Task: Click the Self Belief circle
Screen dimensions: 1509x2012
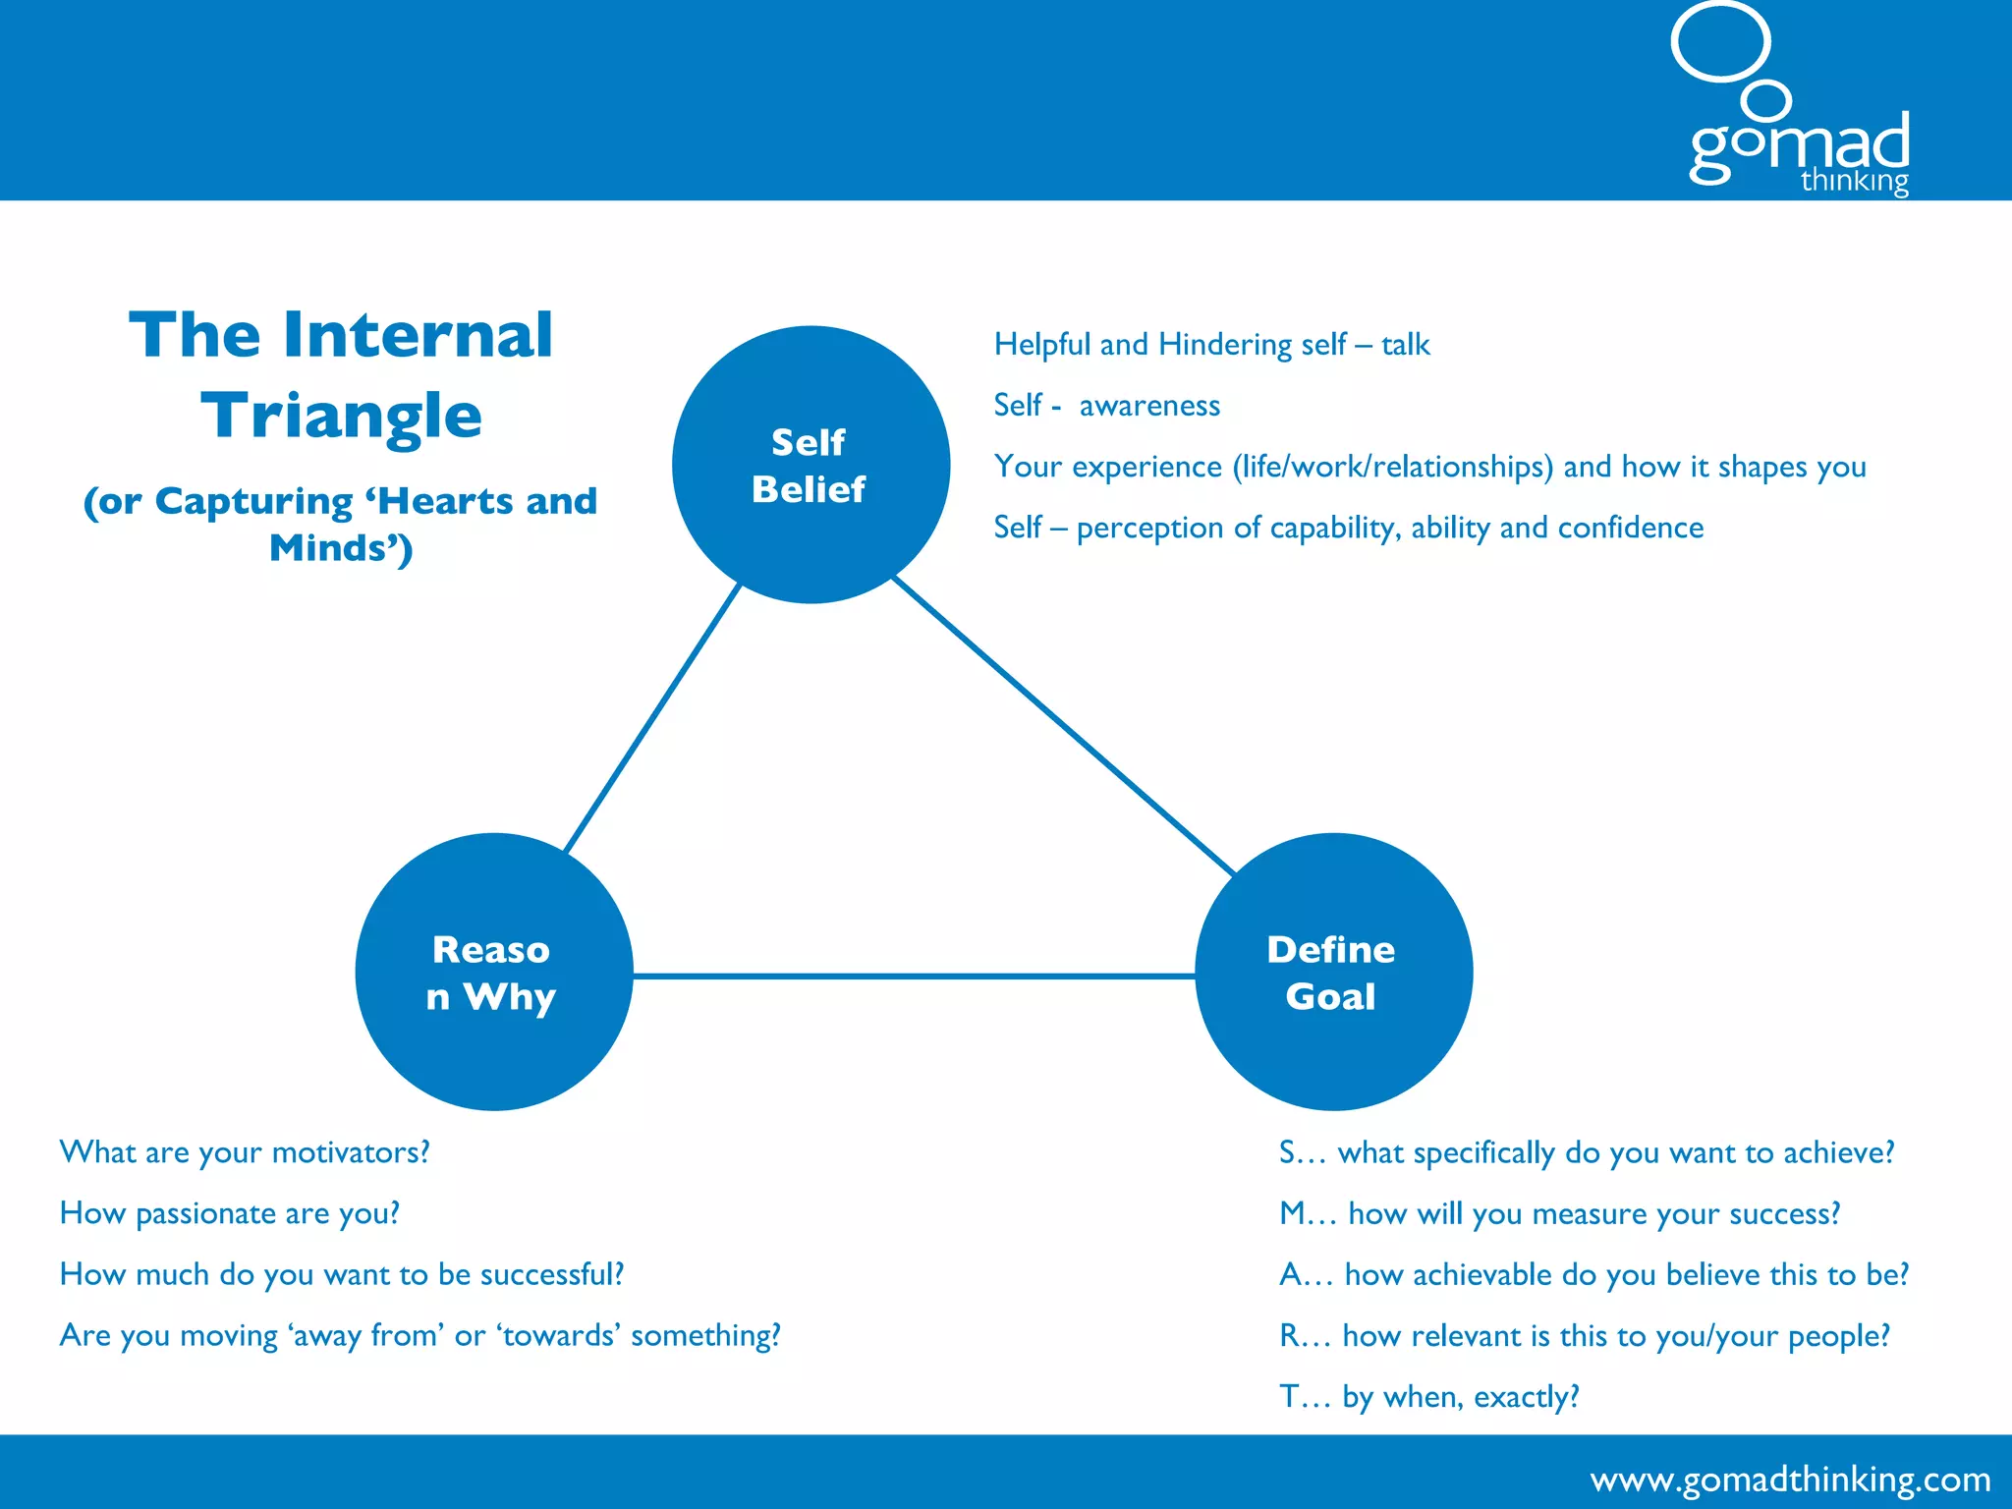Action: click(x=810, y=465)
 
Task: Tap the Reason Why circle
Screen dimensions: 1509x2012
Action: click(x=493, y=972)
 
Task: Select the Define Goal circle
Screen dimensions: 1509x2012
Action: click(x=1333, y=972)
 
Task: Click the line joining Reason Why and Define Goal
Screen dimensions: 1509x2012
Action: click(x=914, y=976)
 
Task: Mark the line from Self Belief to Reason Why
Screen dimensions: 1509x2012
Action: click(x=652, y=717)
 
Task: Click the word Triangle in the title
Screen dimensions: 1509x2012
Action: click(x=341, y=417)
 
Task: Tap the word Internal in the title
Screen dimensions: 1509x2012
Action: click(x=419, y=336)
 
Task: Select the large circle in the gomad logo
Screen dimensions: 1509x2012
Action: click(x=1720, y=41)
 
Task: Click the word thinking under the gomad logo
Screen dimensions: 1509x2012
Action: click(x=1854, y=182)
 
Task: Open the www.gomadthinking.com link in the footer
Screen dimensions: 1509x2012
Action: click(x=1790, y=1479)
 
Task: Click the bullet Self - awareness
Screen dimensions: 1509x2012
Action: click(x=1106, y=406)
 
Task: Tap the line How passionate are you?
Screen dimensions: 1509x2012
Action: click(x=230, y=1213)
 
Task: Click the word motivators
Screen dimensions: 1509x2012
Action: click(x=350, y=1152)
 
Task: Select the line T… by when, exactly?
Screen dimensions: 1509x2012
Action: click(x=1428, y=1396)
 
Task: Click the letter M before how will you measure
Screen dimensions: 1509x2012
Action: click(x=1292, y=1213)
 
